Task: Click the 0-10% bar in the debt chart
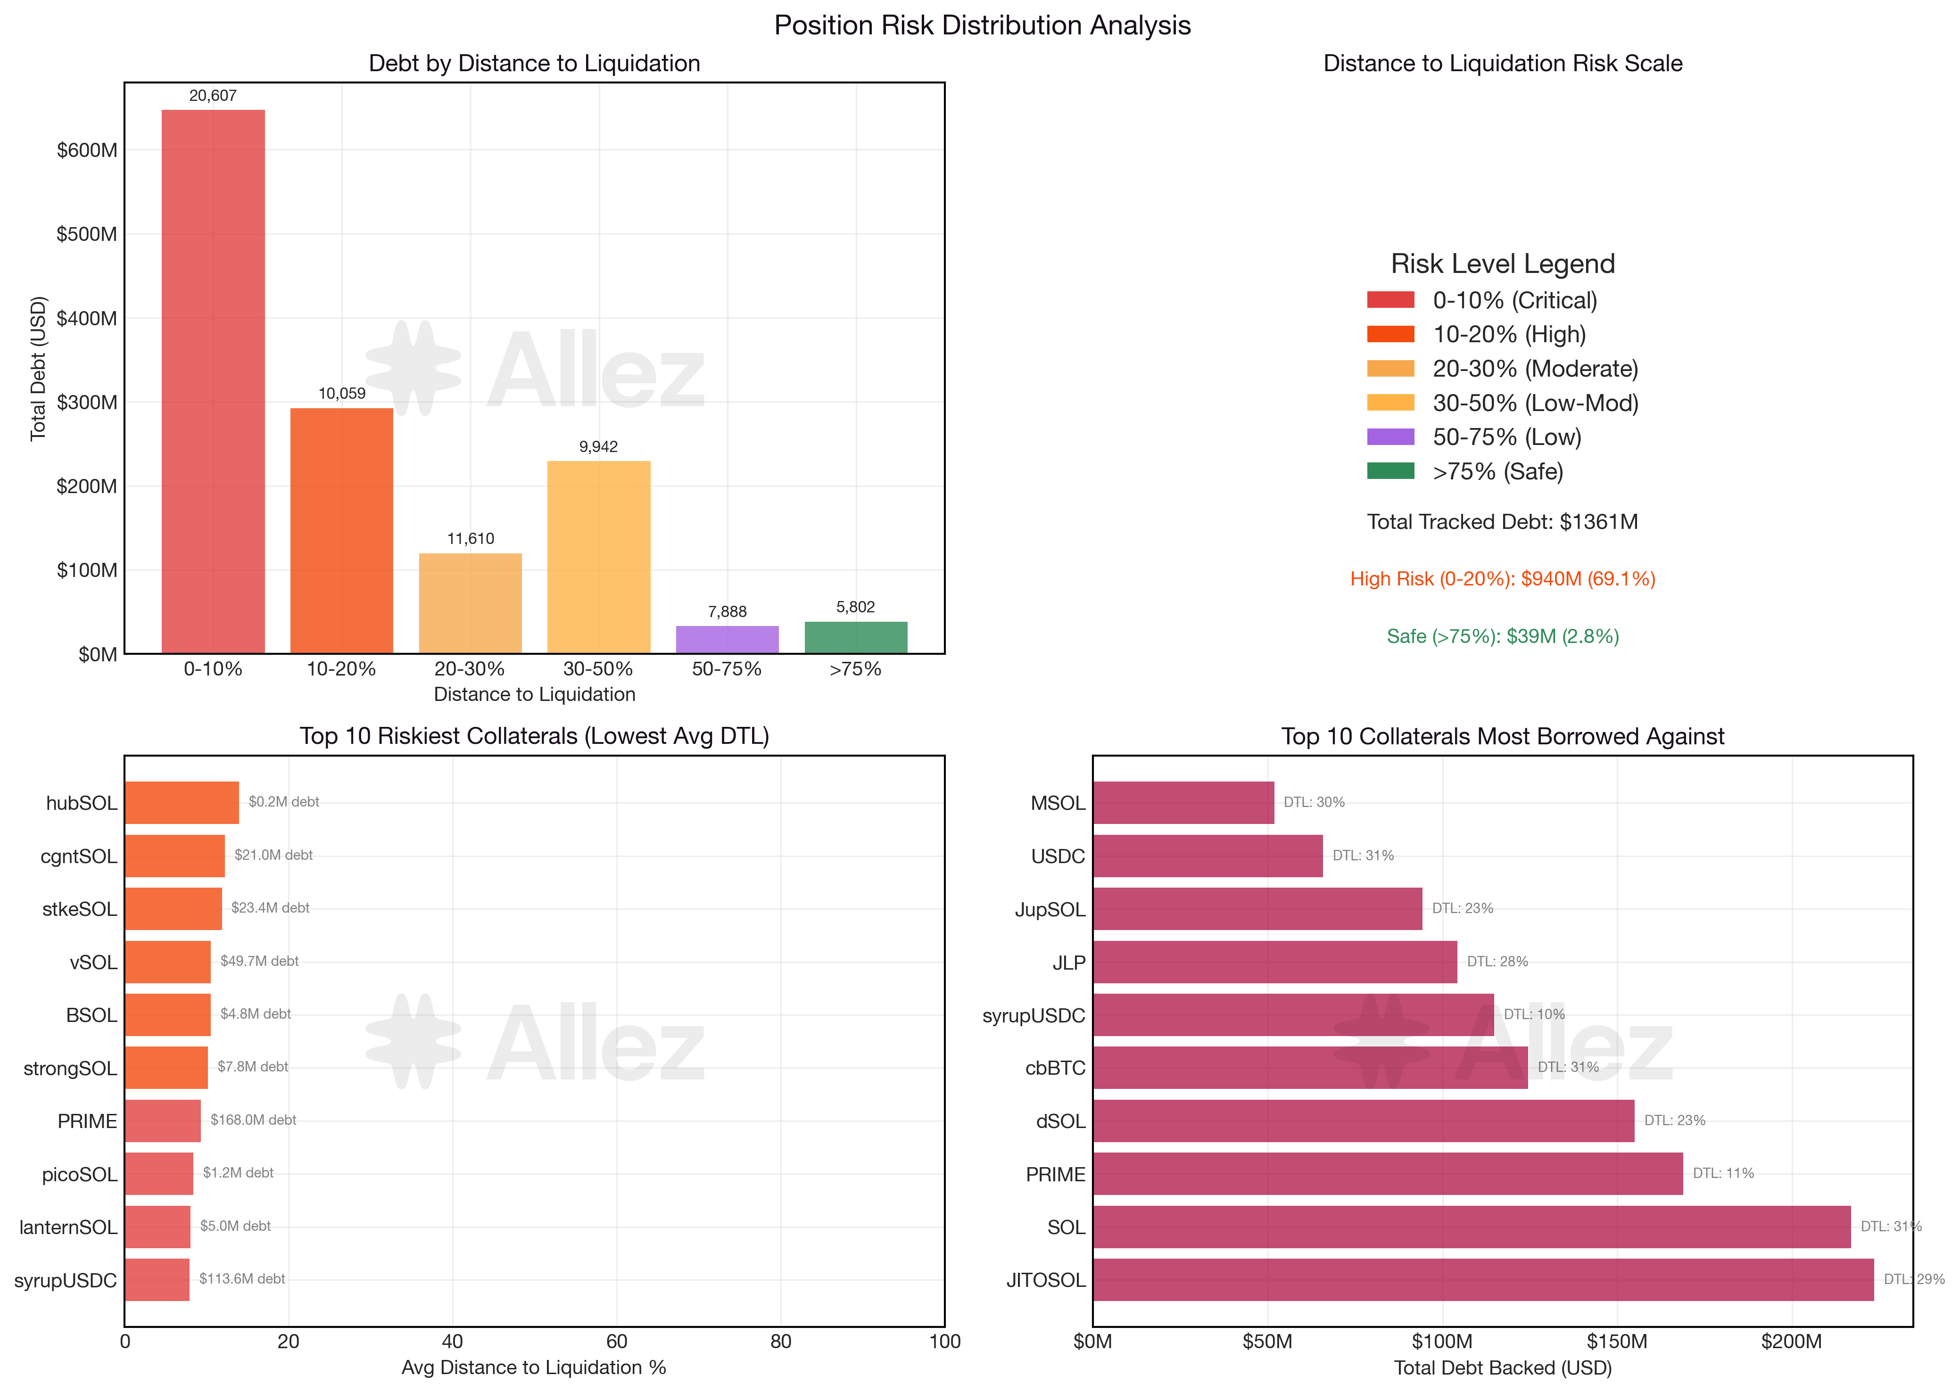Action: (213, 381)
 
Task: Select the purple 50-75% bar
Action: (727, 639)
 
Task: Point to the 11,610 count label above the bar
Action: (471, 538)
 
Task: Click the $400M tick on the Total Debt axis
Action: (87, 318)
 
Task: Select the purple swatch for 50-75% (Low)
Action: (1390, 437)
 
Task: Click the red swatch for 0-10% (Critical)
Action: (1390, 300)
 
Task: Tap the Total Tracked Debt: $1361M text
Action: (1502, 522)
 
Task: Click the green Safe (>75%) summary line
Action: (1502, 636)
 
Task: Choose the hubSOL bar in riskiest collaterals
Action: (182, 802)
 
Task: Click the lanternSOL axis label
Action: (68, 1227)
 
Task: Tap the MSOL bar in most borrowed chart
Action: (1183, 802)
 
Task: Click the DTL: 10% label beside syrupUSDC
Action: (1534, 1014)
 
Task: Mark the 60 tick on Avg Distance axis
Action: (616, 1342)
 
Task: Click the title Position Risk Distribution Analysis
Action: (982, 25)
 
